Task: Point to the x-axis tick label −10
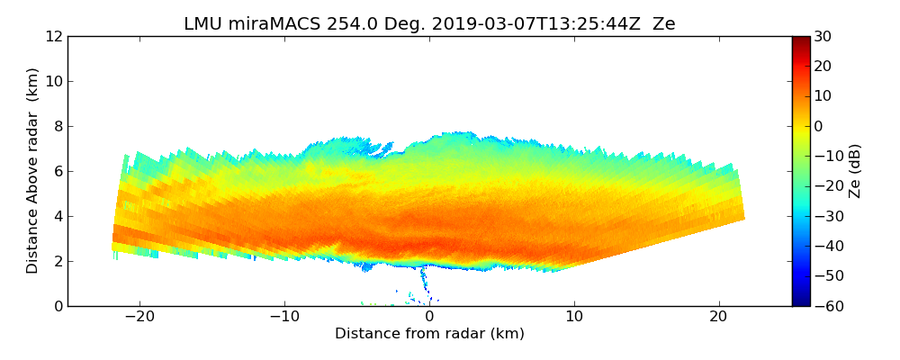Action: pyautogui.click(x=284, y=318)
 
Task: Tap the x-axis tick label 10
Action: pyautogui.click(x=574, y=318)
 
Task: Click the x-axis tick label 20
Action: pyautogui.click(x=718, y=318)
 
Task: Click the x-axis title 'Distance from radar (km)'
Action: pyautogui.click(x=429, y=334)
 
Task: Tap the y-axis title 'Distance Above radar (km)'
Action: pyautogui.click(x=33, y=170)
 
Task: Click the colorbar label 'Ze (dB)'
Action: pyautogui.click(x=855, y=170)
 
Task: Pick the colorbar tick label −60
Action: pyautogui.click(x=827, y=306)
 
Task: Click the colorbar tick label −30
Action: pyautogui.click(x=827, y=216)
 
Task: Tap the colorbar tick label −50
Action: pyautogui.click(x=827, y=276)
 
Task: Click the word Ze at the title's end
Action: pyautogui.click(x=663, y=24)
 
